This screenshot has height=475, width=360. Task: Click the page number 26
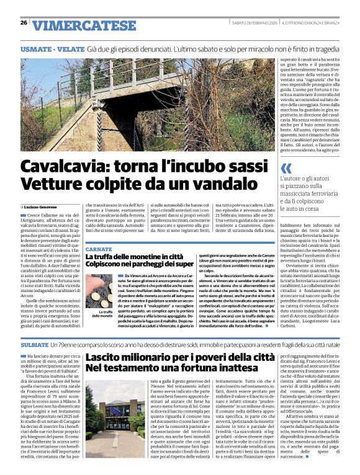tap(24, 23)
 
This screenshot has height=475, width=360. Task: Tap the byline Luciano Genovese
tap(42, 206)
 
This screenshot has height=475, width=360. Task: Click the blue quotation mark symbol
tap(286, 168)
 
